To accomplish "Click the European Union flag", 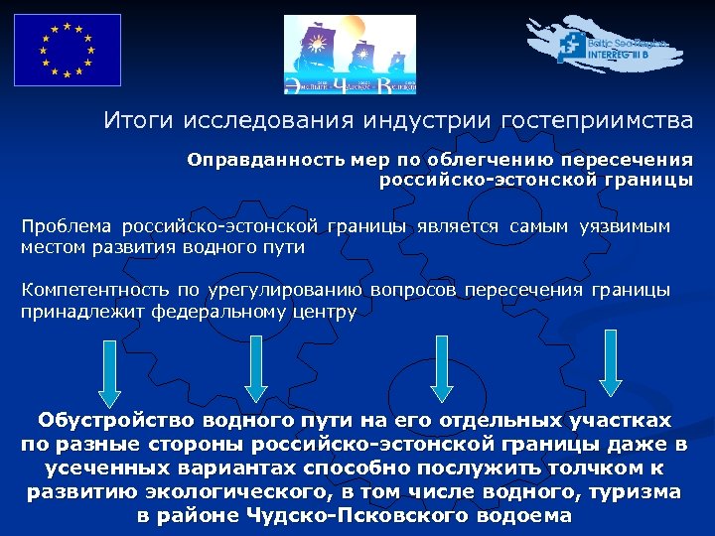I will pos(68,50).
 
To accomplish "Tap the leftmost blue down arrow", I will pos(110,373).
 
